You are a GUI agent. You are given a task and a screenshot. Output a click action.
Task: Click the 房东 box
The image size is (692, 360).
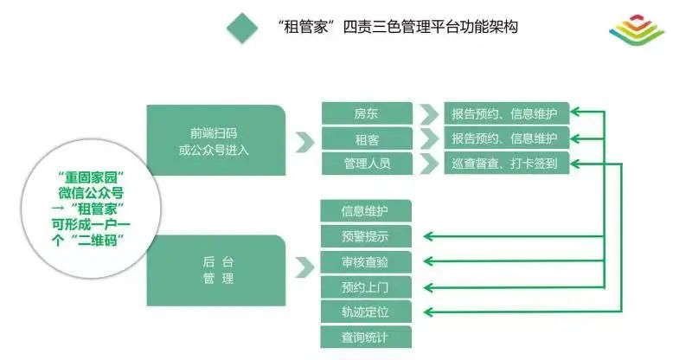[x=367, y=114]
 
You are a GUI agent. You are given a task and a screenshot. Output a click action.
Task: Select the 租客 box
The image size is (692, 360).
[x=367, y=138]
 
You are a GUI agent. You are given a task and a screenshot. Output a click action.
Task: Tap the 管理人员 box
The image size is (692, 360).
[x=367, y=163]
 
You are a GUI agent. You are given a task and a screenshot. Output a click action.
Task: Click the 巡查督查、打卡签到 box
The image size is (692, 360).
[x=506, y=163]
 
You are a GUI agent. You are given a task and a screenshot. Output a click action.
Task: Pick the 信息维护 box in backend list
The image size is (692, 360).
[x=365, y=211]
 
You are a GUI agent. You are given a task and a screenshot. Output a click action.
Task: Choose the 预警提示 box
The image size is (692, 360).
[x=365, y=236]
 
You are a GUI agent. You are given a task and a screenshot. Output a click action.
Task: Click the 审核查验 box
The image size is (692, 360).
[x=365, y=261]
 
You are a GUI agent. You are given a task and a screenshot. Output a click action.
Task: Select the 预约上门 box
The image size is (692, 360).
[x=365, y=286]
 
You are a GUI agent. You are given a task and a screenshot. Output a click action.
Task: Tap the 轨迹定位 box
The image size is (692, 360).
[x=365, y=312]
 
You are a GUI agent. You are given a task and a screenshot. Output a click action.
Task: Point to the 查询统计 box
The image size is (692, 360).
[x=365, y=337]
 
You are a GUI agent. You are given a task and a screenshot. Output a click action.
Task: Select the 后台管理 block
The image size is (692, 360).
[x=215, y=270]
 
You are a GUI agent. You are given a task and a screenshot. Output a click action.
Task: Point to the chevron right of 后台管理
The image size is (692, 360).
[x=304, y=268]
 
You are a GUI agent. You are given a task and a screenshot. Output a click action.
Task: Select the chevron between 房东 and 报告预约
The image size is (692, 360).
[x=428, y=114]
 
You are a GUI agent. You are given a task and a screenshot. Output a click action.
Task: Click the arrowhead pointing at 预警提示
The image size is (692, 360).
[x=430, y=236]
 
